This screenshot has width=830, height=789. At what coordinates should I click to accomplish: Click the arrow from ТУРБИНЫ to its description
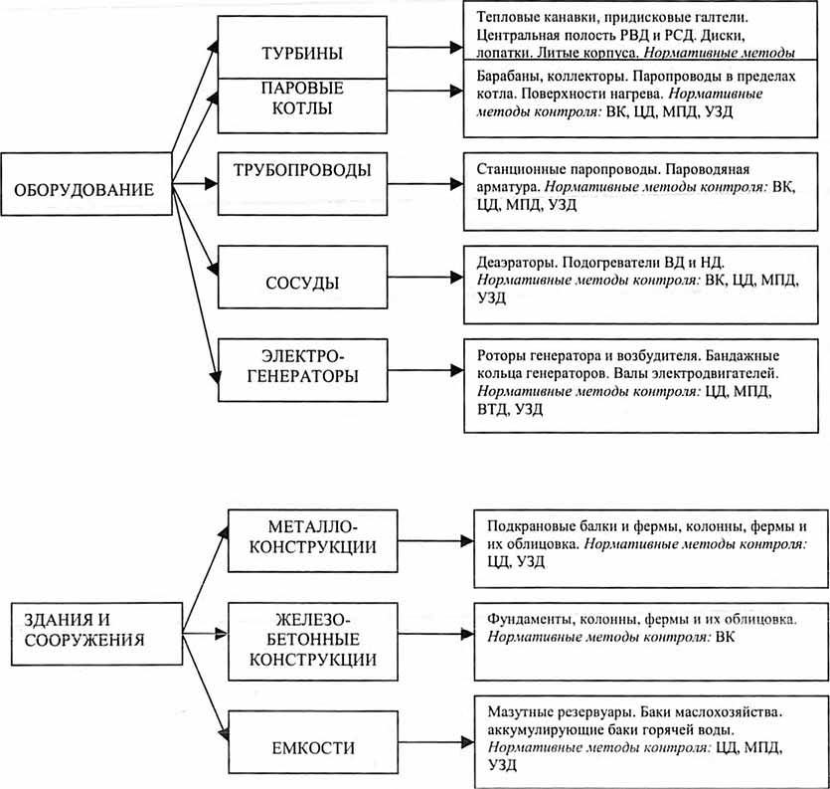point(425,47)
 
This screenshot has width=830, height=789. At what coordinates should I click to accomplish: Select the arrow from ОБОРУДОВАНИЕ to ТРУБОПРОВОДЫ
point(195,184)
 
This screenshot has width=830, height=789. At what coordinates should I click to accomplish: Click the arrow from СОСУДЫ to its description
point(425,278)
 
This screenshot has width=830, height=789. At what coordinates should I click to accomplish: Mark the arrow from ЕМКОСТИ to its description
point(436,742)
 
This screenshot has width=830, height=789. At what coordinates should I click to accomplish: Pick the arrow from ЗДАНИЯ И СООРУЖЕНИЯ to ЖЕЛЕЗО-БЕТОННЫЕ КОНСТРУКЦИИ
point(206,634)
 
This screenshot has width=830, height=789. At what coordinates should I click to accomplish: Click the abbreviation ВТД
point(492,409)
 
